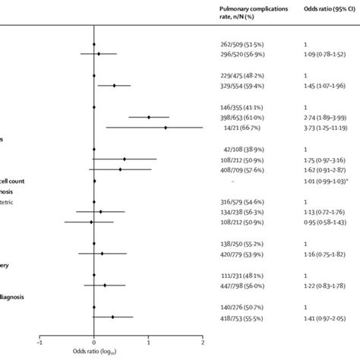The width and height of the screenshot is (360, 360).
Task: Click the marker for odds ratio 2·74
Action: coord(149,117)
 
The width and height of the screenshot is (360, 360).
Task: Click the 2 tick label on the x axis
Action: coord(203,343)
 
